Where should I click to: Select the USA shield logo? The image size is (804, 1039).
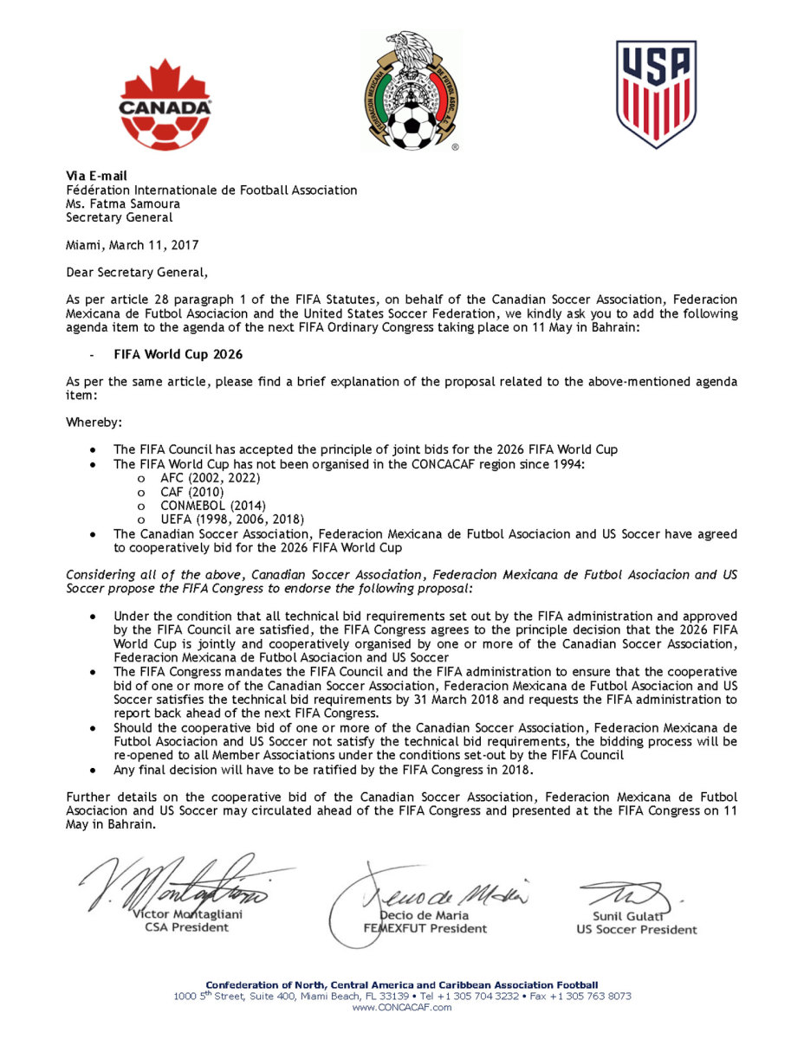click(656, 94)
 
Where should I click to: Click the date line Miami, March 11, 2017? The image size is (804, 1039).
click(133, 245)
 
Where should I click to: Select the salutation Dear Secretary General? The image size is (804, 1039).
click(137, 273)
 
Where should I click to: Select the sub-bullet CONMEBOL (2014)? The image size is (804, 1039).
click(212, 505)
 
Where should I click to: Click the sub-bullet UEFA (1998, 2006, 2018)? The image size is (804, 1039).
click(231, 519)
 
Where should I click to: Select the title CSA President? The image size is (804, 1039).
click(186, 927)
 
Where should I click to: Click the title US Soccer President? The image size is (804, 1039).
click(636, 930)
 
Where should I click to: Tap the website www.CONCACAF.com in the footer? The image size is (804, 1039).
click(402, 1007)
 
